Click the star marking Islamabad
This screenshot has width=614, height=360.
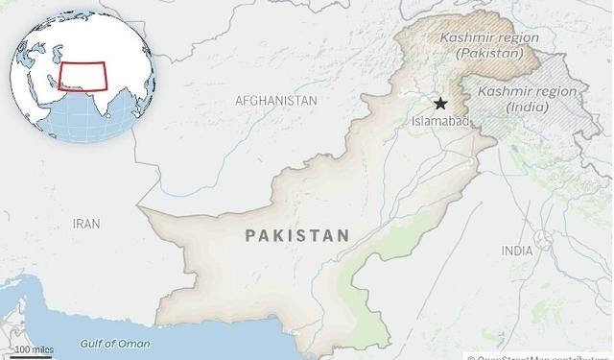440,104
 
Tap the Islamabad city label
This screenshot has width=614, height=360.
439,122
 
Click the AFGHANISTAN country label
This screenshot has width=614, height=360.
276,100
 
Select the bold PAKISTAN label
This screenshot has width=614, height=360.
297,234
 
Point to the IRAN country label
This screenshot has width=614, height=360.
86,224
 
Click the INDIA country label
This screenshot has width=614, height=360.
517,251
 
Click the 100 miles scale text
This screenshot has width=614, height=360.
35,349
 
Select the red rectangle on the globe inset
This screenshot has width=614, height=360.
83,76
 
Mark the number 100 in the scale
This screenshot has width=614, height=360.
21,349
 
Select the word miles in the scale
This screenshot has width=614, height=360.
41,349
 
